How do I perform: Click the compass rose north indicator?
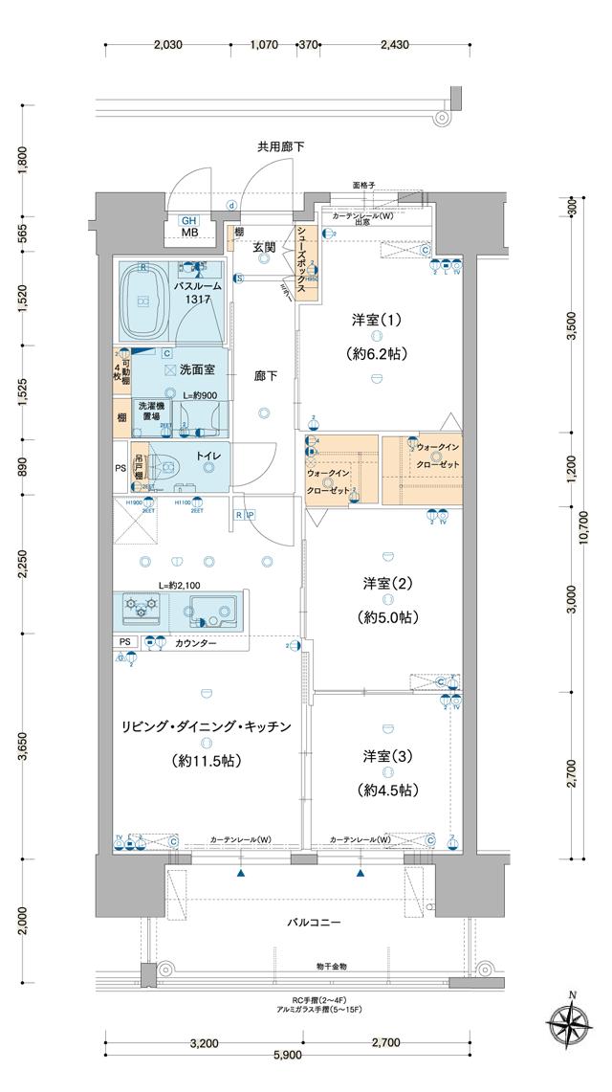click(571, 1023)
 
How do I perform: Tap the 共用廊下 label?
click(280, 146)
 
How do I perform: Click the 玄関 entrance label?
click(264, 248)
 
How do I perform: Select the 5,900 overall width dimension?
click(287, 1054)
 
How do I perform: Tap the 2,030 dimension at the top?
click(167, 45)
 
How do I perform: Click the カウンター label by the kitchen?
click(195, 643)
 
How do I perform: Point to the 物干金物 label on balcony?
click(330, 968)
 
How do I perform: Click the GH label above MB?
click(187, 219)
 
